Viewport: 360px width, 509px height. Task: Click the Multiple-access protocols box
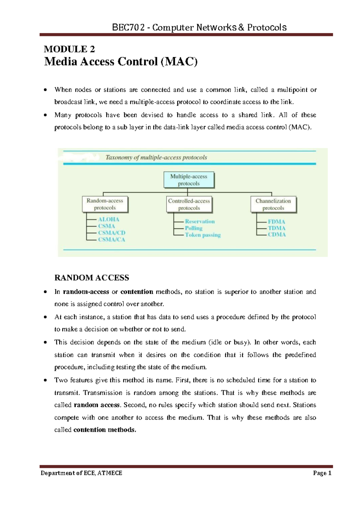tap(189, 180)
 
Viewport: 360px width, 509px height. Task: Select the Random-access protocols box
tap(105, 204)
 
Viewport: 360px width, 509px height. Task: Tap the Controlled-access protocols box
tap(189, 204)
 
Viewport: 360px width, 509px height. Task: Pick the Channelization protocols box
tap(273, 204)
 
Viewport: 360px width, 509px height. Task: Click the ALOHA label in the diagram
tap(109, 219)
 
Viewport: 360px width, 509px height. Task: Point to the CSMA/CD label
tap(112, 233)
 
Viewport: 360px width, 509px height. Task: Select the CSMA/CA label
tap(112, 239)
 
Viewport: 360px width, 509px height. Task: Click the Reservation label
tap(200, 221)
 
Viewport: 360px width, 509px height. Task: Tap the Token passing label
tap(203, 235)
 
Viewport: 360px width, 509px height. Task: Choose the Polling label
tap(193, 228)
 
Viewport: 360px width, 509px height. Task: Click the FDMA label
tap(276, 222)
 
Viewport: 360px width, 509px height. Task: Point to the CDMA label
tap(277, 234)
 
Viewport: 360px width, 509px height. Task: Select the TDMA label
tap(277, 228)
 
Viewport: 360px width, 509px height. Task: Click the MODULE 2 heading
tap(69, 49)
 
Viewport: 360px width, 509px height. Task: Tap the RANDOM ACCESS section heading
tap(91, 278)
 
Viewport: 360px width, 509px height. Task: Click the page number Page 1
tap(322, 473)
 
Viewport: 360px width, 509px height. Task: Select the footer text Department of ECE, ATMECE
tap(81, 473)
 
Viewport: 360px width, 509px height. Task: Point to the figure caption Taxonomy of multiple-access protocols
tap(156, 157)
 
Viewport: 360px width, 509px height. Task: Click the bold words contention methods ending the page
tap(105, 430)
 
